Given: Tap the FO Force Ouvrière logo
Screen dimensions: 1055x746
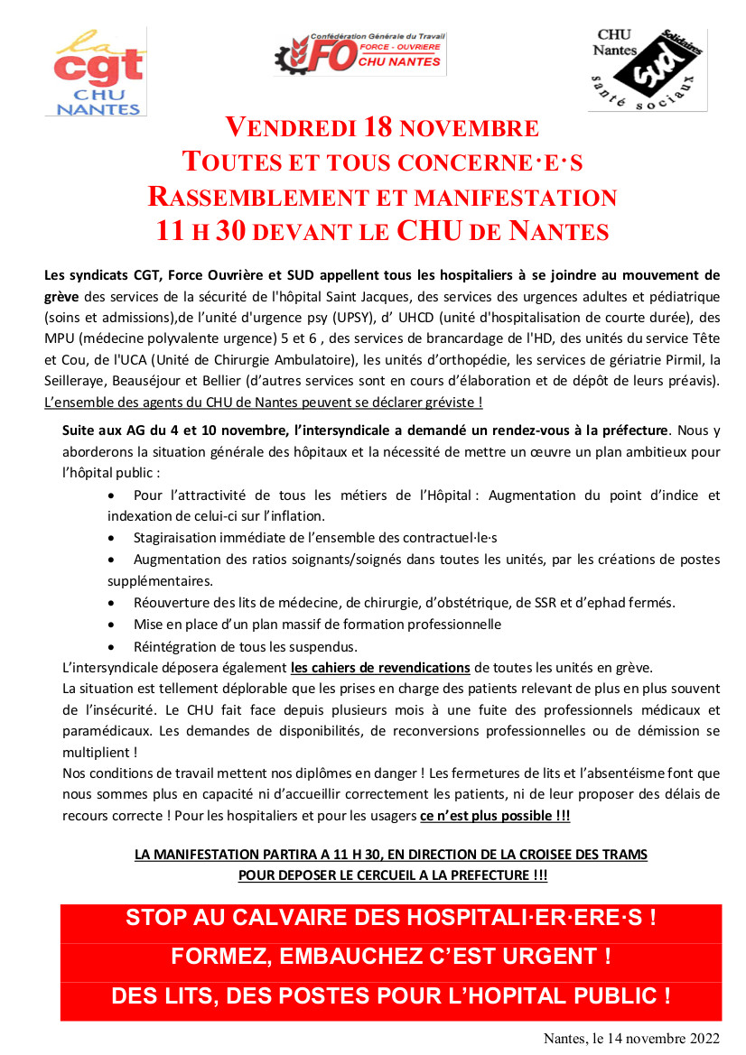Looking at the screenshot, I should click(359, 53).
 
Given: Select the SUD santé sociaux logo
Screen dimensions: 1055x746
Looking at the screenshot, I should click(647, 69).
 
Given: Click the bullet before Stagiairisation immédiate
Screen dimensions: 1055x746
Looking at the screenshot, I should click(111, 537).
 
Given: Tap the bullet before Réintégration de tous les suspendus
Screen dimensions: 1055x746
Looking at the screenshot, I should click(111, 646).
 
